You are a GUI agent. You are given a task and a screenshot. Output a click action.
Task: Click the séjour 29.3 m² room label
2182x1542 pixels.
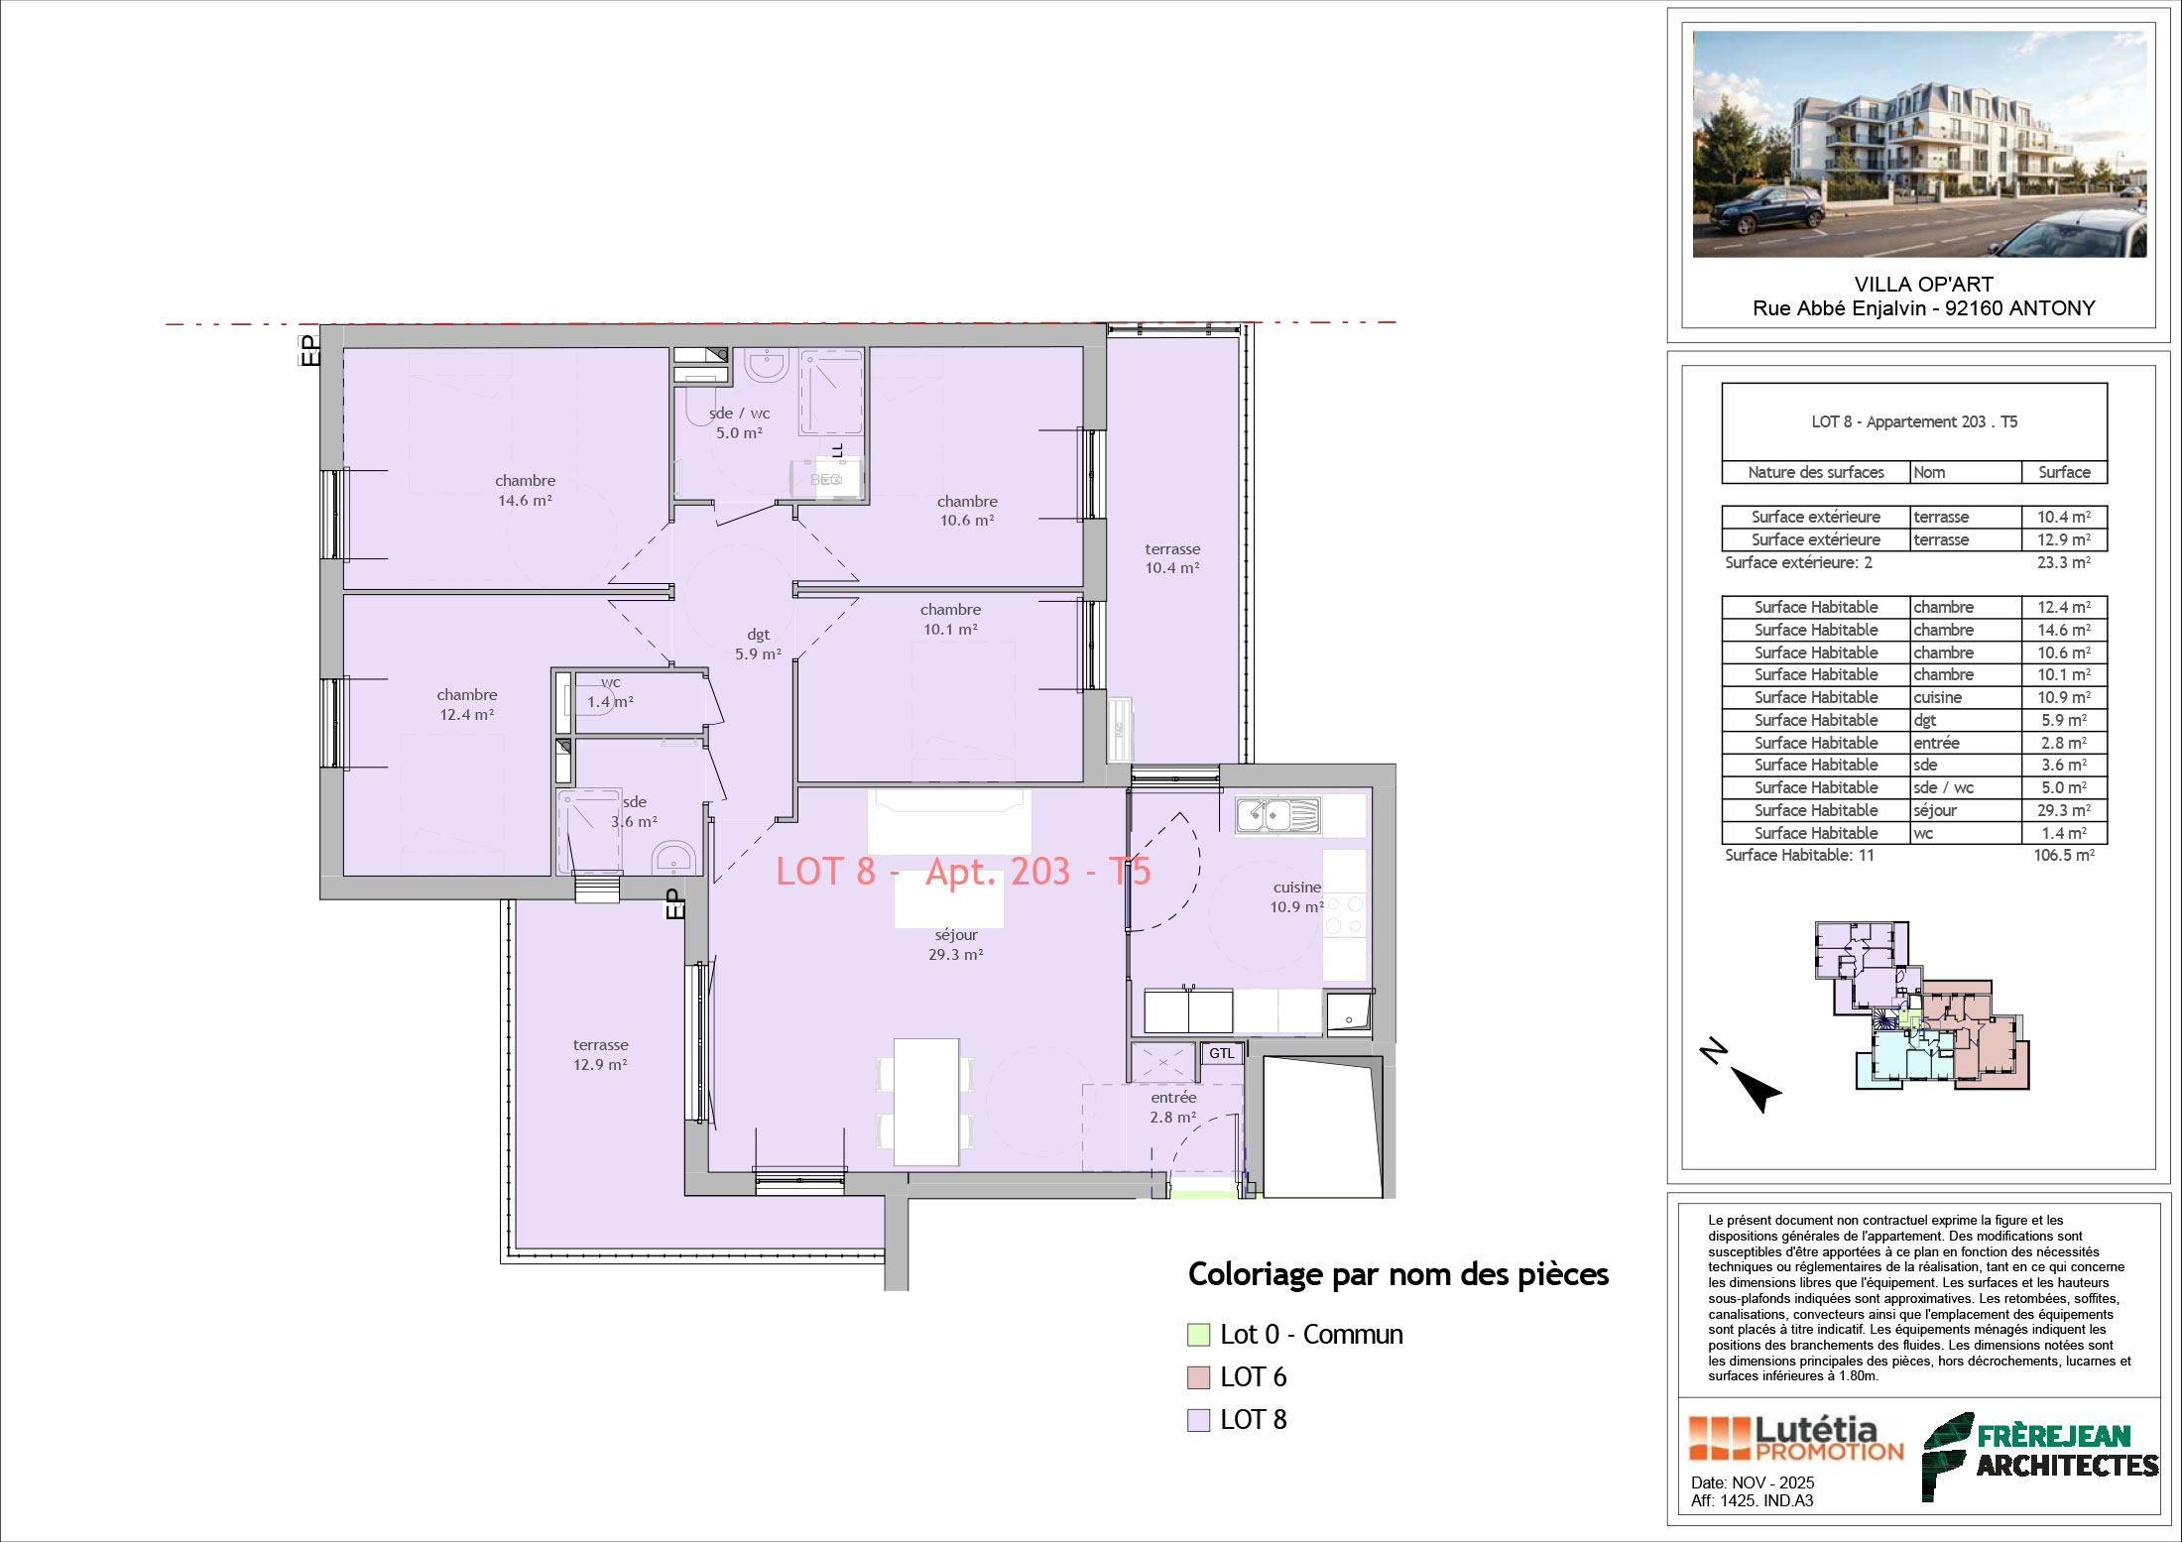(x=956, y=945)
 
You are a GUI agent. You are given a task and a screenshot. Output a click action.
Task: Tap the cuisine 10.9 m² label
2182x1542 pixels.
(x=1297, y=897)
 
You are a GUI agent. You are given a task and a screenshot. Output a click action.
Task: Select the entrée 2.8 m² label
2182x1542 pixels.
(x=1173, y=1108)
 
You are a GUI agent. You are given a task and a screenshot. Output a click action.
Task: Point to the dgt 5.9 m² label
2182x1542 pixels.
(x=758, y=645)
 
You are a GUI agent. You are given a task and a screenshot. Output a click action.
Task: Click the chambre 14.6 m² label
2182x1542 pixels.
(x=525, y=491)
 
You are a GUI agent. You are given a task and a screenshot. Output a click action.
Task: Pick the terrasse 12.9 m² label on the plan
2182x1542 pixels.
(x=600, y=1055)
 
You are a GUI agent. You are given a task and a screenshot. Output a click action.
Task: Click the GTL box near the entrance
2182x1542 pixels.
(x=1222, y=1053)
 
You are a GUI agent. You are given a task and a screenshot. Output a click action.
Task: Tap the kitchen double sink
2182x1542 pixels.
(x=1277, y=815)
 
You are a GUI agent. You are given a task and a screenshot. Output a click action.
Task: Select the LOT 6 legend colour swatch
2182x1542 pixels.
(x=1199, y=1377)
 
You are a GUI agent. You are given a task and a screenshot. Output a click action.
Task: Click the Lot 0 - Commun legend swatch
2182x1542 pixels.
(x=1199, y=1335)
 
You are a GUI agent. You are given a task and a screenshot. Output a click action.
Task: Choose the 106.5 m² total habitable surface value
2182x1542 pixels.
(x=2064, y=856)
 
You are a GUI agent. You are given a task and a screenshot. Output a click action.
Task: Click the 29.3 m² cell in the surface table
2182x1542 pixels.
(x=2064, y=810)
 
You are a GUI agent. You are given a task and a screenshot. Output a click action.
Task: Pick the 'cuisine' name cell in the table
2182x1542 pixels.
(x=1937, y=698)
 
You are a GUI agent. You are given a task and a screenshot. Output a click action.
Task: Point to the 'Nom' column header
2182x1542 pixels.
(x=1929, y=473)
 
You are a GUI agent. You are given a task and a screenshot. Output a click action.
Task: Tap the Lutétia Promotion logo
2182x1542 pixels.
(x=1796, y=1439)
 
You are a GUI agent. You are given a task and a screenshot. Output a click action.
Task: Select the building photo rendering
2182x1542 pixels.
(x=1919, y=144)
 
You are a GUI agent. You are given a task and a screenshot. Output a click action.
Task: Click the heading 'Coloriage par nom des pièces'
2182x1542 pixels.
(x=1398, y=1275)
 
